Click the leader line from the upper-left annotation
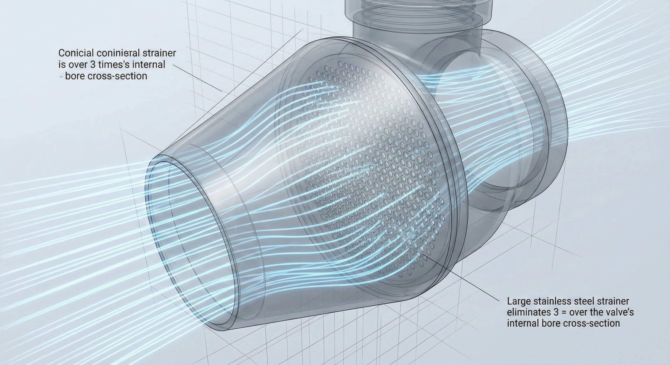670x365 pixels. pos(199,78)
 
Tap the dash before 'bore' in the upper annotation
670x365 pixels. pos(60,76)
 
